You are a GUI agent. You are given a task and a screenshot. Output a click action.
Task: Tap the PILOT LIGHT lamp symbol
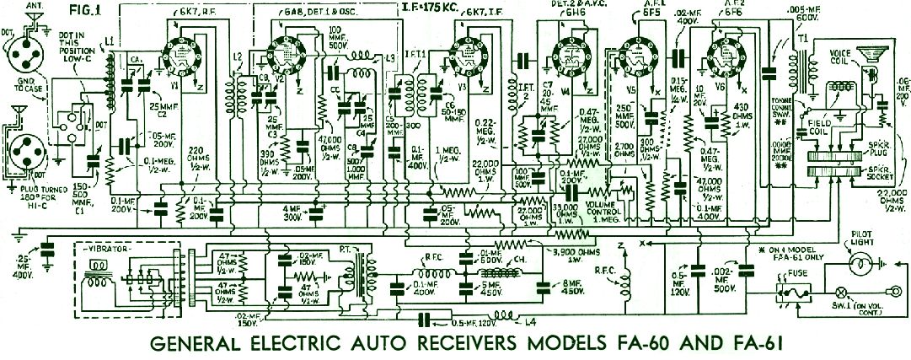[x=860, y=265]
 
